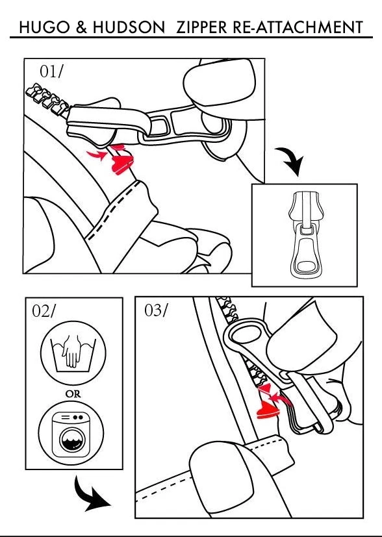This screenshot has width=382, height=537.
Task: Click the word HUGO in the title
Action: coord(45,27)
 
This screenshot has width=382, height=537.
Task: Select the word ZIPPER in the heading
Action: coord(202,27)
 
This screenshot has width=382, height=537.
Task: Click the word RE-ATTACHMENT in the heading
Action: coord(298,27)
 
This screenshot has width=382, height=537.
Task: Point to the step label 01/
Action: coord(51,71)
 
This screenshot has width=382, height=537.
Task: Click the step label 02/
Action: coord(43,310)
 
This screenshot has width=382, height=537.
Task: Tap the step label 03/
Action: coord(156,310)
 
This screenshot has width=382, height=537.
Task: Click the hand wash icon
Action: coord(73,353)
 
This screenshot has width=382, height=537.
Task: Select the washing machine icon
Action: coord(71,433)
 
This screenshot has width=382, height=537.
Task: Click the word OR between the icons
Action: coord(73,394)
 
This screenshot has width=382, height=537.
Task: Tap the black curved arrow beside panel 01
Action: coord(291,161)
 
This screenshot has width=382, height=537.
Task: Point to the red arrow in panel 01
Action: coord(97,155)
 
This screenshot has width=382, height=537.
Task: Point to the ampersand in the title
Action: coord(82,27)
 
